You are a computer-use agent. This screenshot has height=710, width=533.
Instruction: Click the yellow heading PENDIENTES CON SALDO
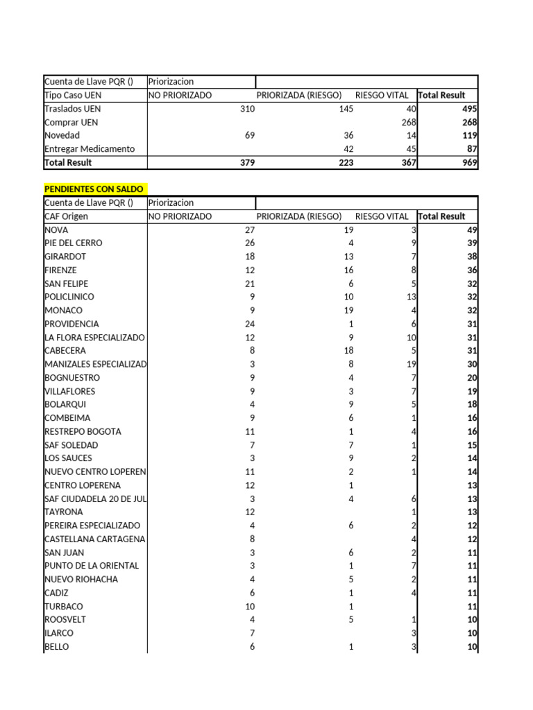pos(94,189)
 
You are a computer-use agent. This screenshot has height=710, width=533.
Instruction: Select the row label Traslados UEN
pos(72,109)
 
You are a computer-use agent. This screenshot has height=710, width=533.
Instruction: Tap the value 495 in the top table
pos(469,109)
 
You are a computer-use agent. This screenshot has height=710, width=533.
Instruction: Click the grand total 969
pos(469,162)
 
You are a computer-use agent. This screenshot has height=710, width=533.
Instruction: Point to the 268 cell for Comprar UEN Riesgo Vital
pos(407,123)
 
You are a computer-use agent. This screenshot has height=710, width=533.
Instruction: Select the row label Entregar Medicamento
pos(89,149)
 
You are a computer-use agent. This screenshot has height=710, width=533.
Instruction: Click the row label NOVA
pos(56,230)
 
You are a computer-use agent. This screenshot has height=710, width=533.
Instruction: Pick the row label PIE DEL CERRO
pos(73,243)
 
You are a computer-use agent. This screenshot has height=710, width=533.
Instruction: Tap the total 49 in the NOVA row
pos(471,230)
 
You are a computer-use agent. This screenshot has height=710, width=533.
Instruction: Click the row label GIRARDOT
pos(65,257)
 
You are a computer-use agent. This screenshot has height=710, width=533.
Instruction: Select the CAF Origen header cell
pos(66,216)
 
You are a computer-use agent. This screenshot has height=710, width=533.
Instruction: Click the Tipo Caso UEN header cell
pos(72,95)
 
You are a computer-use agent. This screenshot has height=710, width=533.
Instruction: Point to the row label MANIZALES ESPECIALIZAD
pos(95,364)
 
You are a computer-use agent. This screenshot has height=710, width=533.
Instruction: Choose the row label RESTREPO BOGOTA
pos(83,431)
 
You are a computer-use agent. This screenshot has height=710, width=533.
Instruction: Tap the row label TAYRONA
pos(64,512)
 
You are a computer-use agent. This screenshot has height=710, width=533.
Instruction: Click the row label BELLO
pos(57,646)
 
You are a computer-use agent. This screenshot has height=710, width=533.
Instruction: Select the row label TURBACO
pos(64,606)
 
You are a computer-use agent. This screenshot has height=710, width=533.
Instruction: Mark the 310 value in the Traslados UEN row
pos(247,109)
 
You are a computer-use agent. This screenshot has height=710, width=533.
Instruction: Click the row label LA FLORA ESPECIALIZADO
pos(94,338)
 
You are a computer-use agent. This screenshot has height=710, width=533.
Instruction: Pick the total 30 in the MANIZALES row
pos(471,364)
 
